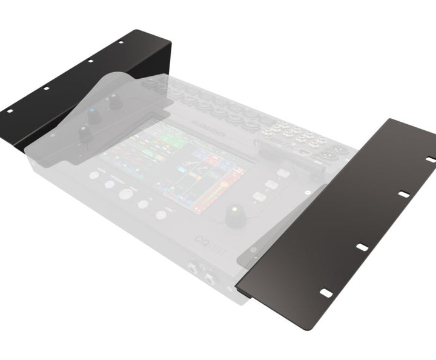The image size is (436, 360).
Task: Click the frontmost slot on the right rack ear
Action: click(326, 293)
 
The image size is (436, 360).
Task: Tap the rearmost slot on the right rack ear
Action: click(431, 159)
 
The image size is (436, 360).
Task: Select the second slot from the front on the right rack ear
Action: click(362, 247)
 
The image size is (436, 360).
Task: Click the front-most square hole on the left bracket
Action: click(9, 111)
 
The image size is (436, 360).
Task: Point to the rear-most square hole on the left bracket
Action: click(121, 42)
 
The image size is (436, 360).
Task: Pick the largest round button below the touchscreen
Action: click(126, 194)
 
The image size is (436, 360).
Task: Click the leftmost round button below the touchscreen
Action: click(94, 175)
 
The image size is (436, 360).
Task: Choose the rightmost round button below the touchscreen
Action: click(161, 215)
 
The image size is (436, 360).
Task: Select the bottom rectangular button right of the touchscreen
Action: click(259, 197)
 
